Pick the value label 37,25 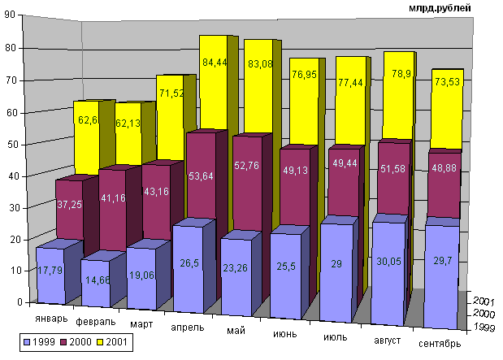[69, 206]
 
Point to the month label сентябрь [440, 344]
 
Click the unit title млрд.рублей [442, 7]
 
